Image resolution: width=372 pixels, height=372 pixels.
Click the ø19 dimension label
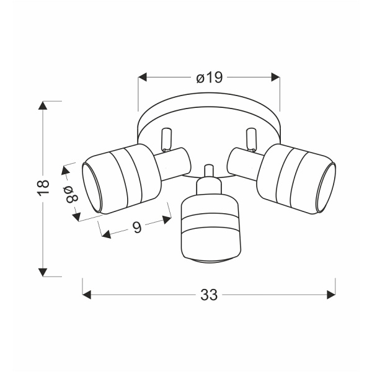tap(210, 77)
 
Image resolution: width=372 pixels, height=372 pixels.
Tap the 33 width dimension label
tap(209, 295)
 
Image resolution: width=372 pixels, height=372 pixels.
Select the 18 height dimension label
tap(43, 188)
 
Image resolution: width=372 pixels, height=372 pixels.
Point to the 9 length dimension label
tap(137, 227)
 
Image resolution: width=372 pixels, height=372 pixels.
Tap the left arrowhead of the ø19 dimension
tap(143, 77)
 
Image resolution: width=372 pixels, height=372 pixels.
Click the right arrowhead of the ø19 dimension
tap(275, 77)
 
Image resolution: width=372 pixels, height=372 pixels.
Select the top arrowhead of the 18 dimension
tap(43, 105)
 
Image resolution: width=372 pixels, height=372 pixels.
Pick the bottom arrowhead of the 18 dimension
tap(43, 272)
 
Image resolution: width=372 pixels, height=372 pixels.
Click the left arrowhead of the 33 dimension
tap(87, 294)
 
